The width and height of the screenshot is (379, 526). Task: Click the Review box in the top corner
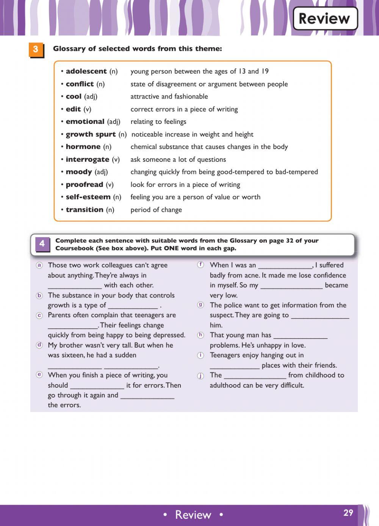click(x=325, y=18)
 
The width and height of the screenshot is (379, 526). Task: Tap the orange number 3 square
click(x=36, y=49)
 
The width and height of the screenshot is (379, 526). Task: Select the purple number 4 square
click(x=42, y=244)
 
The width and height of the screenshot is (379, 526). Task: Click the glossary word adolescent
click(x=86, y=71)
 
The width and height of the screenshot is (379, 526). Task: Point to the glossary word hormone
click(x=83, y=147)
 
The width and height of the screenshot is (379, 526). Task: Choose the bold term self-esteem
click(x=88, y=197)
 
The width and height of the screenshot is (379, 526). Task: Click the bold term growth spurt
click(x=91, y=134)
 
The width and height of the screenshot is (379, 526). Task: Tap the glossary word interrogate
click(x=87, y=160)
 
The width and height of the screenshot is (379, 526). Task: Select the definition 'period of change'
click(x=156, y=210)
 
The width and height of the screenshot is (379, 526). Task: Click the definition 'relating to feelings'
click(x=158, y=122)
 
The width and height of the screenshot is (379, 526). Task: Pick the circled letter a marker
click(x=39, y=265)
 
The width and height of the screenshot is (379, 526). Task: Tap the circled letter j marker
click(x=200, y=376)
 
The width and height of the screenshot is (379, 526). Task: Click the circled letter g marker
click(x=200, y=305)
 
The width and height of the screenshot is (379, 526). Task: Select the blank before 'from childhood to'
click(x=255, y=376)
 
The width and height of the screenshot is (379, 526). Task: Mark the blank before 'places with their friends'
click(x=235, y=366)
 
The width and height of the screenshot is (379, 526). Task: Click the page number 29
click(x=348, y=513)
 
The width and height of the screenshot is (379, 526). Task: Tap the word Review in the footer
click(x=193, y=515)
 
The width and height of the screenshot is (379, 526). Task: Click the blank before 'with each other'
click(x=75, y=286)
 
